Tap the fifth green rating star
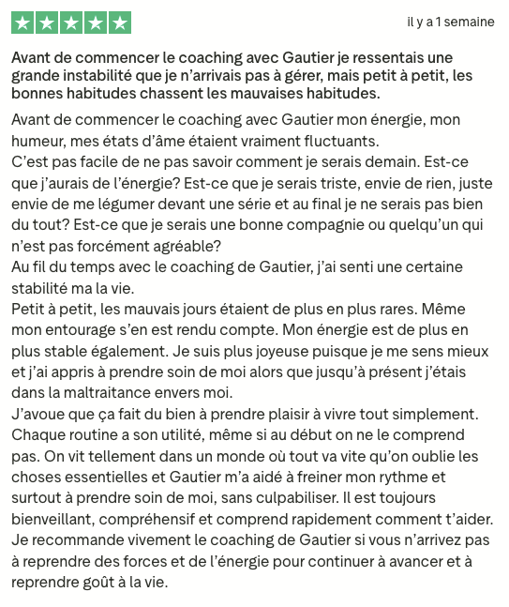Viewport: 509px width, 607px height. point(120,23)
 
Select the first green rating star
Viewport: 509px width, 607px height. point(22,23)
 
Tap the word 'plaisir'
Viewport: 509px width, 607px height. point(281,414)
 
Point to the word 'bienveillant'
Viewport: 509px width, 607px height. point(54,518)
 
